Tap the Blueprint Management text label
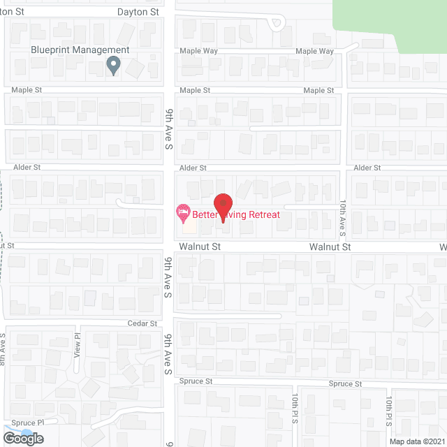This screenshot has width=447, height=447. point(80,50)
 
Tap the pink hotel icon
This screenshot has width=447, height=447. point(182,210)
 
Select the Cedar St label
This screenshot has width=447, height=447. point(142,323)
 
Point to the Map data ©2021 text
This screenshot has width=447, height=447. point(416,441)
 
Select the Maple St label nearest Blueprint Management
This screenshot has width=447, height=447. point(27,91)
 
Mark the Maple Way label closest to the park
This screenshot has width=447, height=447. point(314,51)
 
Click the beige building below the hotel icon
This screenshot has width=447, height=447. point(189,226)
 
